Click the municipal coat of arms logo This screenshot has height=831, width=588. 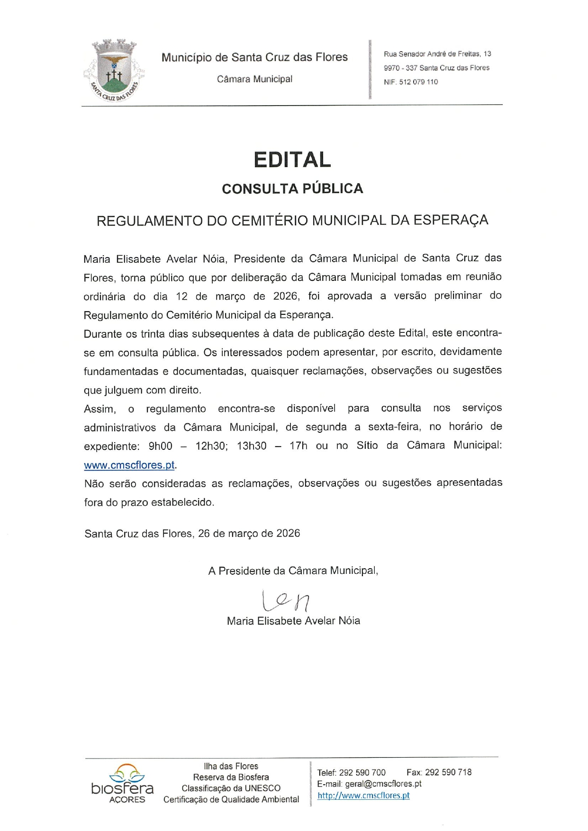coord(114,71)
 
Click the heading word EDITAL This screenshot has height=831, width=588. coord(292,160)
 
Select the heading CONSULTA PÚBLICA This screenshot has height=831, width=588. coord(292,188)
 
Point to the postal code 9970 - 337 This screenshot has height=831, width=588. coord(400,68)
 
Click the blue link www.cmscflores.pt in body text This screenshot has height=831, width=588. coord(129,465)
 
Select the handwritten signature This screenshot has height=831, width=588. coord(286,601)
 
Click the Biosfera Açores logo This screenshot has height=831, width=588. coord(123,783)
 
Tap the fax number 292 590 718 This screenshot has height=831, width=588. coord(448,772)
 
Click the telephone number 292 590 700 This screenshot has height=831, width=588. coord(362,773)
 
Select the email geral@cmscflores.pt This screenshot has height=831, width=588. coord(383,784)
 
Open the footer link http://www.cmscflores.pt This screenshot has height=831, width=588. coord(363,796)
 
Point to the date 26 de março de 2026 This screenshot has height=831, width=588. coord(249,534)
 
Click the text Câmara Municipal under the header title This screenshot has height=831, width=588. coord(254,79)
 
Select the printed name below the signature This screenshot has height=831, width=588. coord(293,621)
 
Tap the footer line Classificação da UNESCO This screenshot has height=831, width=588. coord(231,788)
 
